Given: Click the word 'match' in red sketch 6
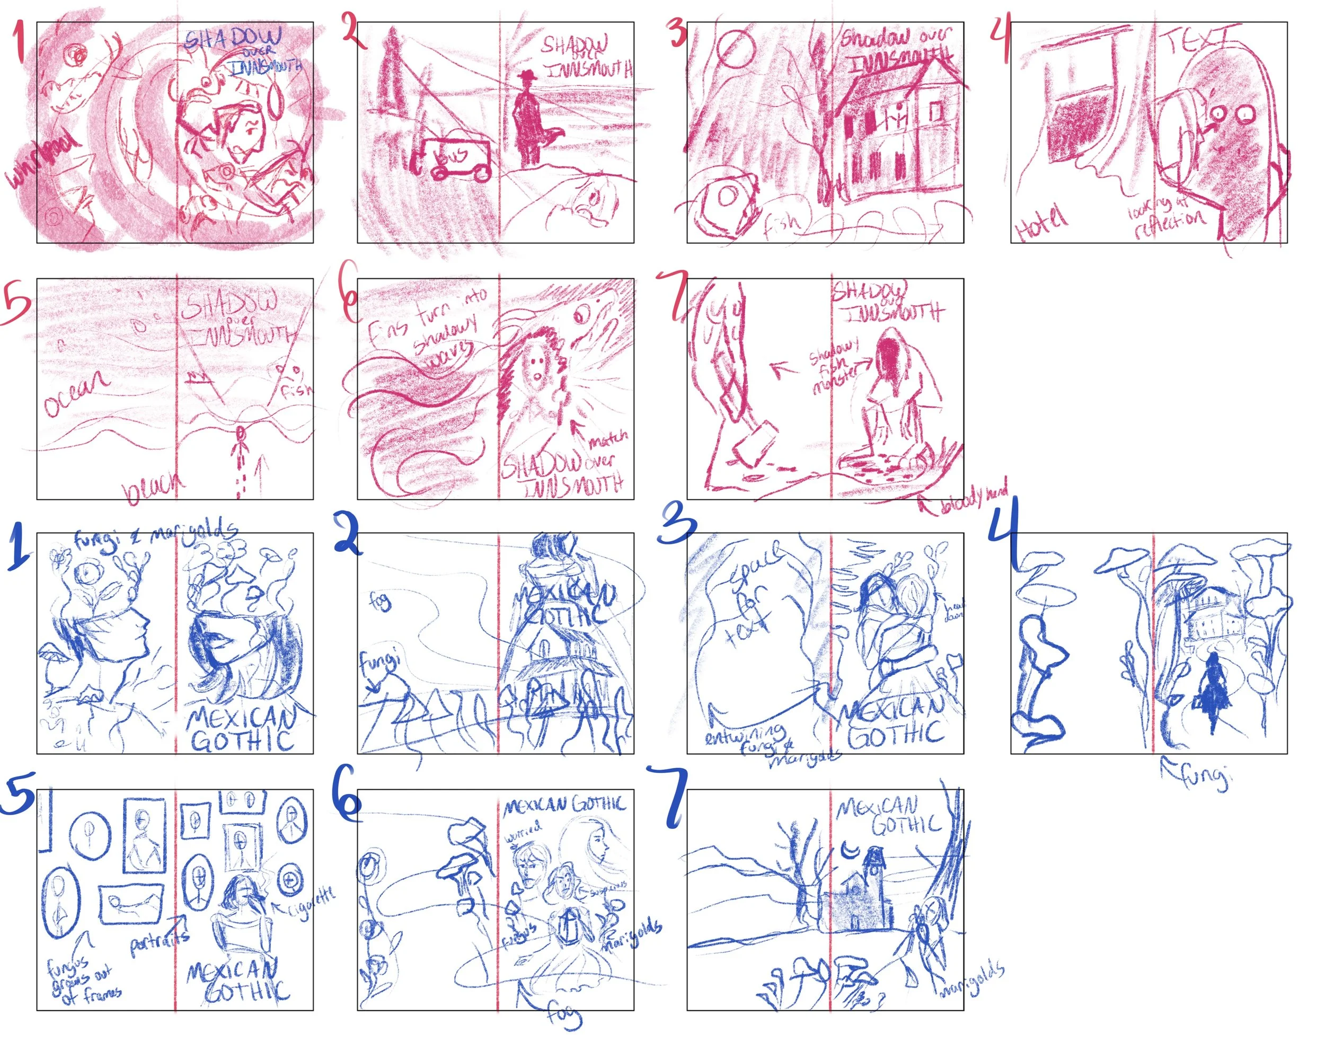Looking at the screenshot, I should click(x=608, y=438).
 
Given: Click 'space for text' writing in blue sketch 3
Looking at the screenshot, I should click(x=747, y=597).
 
